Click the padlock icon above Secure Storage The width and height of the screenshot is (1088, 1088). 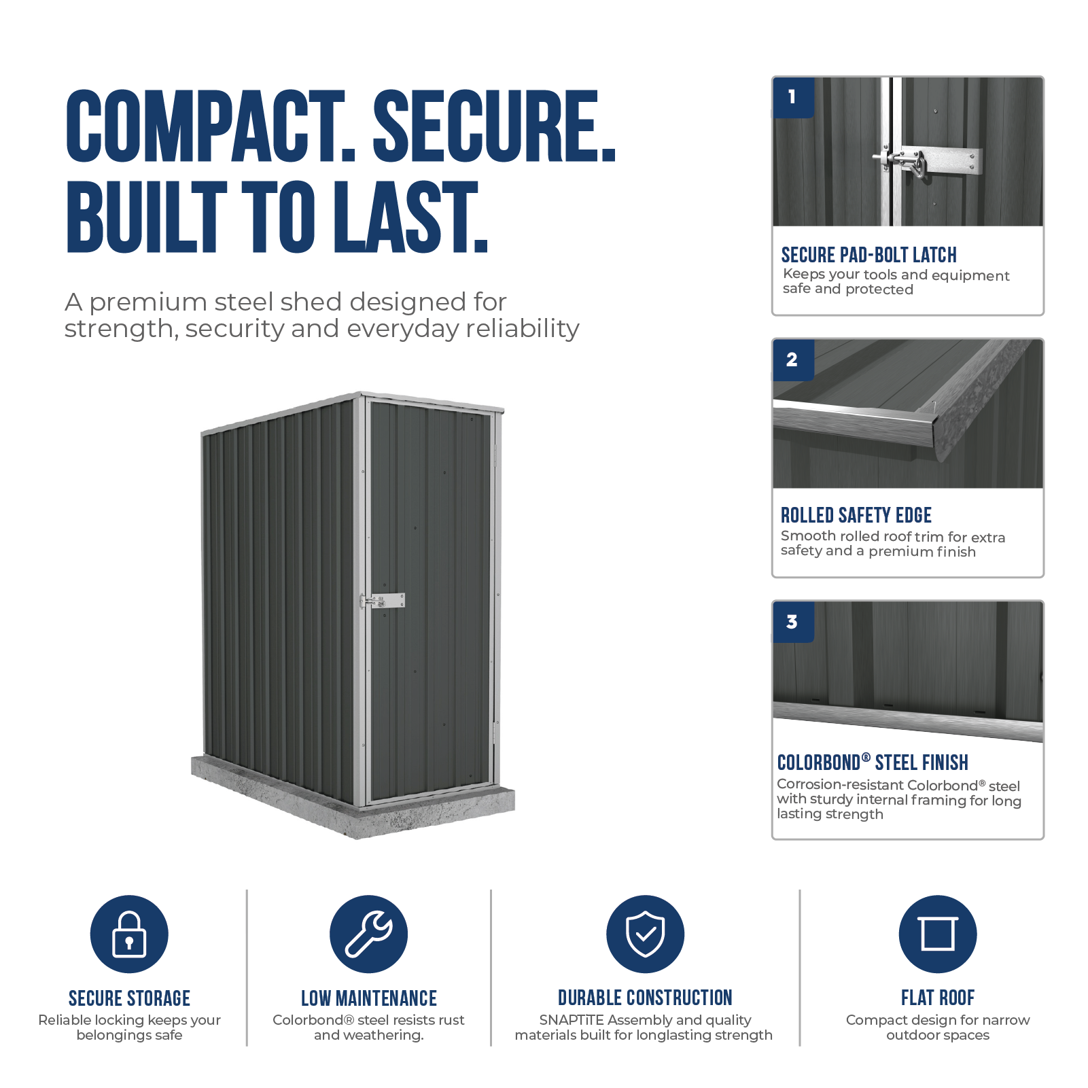click(x=129, y=934)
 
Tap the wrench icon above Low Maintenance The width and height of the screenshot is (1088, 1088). click(x=368, y=934)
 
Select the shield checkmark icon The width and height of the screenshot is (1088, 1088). click(x=645, y=934)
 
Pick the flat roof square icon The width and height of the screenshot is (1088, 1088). click(x=938, y=934)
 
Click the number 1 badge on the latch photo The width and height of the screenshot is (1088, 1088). click(x=793, y=97)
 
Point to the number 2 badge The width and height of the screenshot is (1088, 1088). click(x=793, y=359)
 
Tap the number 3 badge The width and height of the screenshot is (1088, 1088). click(x=793, y=622)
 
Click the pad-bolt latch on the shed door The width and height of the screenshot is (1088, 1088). click(x=383, y=601)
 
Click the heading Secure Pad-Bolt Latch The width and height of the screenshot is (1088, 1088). click(x=868, y=255)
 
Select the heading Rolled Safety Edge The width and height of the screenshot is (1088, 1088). click(x=856, y=515)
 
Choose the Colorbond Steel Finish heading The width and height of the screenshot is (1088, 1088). click(x=873, y=762)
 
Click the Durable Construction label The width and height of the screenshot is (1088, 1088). click(x=645, y=998)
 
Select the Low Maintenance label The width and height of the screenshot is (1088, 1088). click(x=369, y=998)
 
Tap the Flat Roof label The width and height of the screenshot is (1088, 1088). click(x=938, y=998)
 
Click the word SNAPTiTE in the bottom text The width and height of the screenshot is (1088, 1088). click(x=572, y=1020)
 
